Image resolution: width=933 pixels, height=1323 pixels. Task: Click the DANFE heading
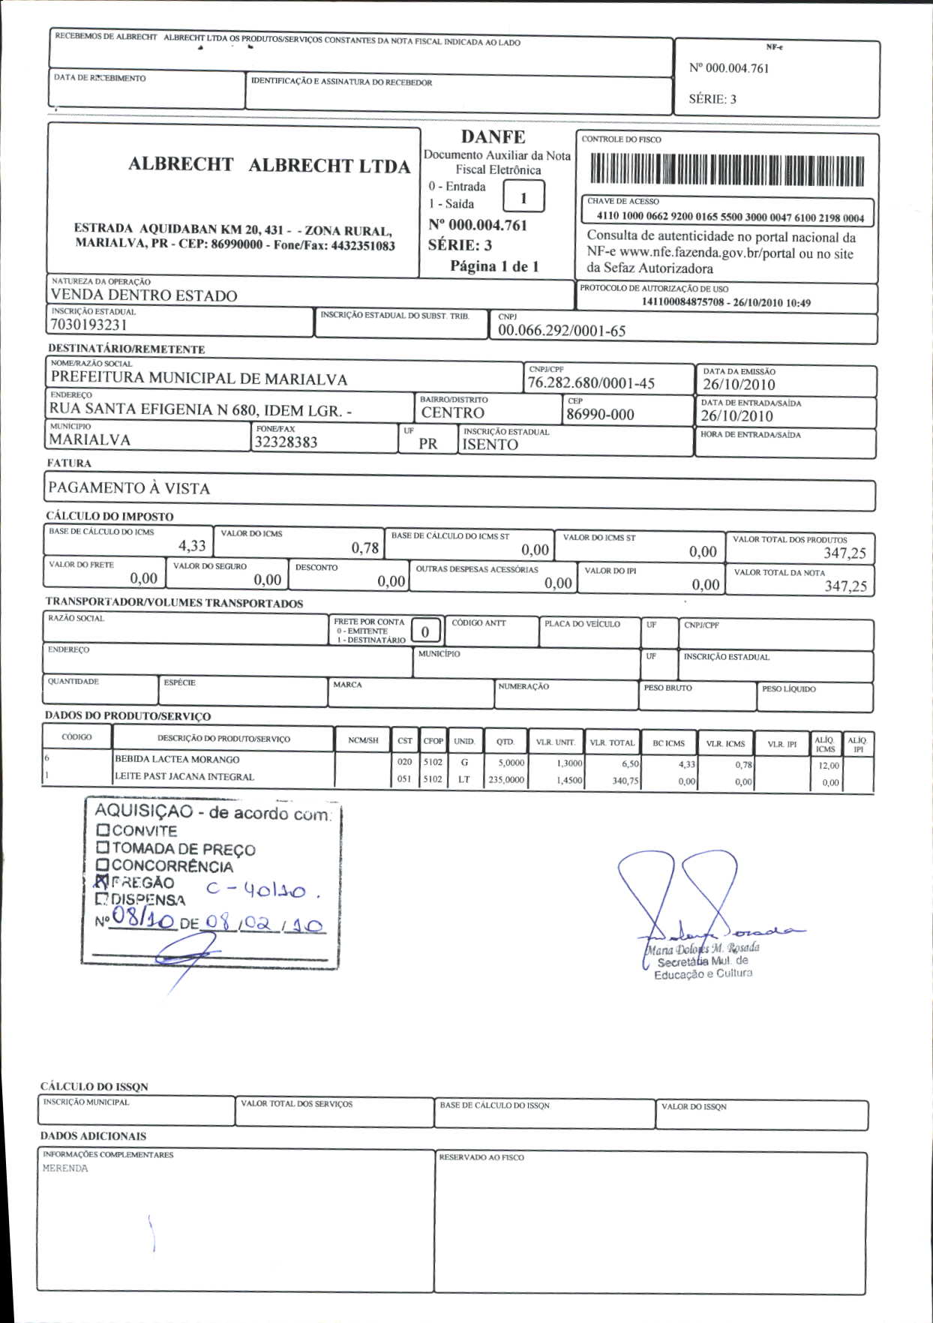(x=493, y=137)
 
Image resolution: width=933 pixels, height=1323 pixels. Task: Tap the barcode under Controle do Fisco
(x=727, y=170)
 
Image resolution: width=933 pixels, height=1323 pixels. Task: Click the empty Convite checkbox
(x=103, y=830)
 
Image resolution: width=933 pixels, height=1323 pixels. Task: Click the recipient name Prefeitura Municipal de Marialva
(x=199, y=378)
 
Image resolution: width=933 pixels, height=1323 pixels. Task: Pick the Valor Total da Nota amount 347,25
(x=845, y=586)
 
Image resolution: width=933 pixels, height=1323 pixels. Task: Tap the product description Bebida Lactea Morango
(x=177, y=760)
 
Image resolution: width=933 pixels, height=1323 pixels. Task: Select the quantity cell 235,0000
(x=506, y=780)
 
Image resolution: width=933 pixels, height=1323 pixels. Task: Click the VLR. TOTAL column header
(x=612, y=742)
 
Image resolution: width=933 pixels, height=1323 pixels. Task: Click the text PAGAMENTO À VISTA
(x=129, y=488)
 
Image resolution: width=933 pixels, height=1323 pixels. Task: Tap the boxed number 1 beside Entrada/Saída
(x=523, y=198)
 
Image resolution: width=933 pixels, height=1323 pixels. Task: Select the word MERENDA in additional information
(x=65, y=1168)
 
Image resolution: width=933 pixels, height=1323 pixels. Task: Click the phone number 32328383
(x=286, y=442)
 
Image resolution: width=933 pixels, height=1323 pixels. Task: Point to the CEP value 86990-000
(x=600, y=415)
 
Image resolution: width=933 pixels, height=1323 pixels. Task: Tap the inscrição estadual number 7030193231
(x=88, y=325)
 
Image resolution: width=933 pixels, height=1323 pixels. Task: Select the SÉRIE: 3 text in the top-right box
(x=712, y=99)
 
